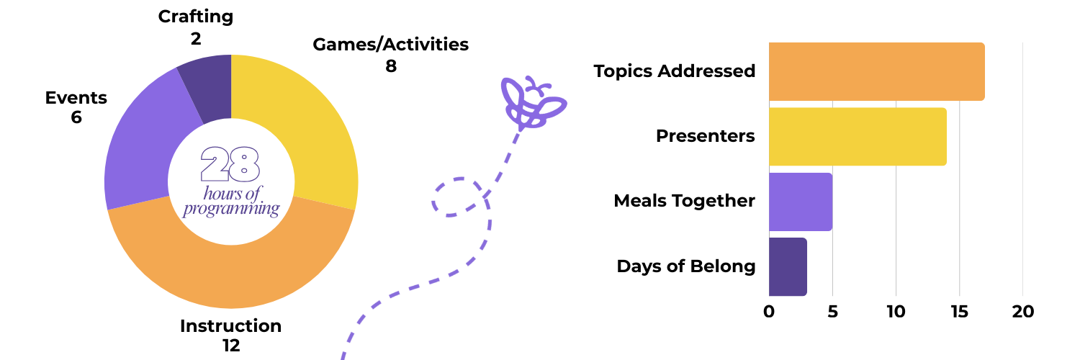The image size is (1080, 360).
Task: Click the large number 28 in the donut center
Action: (x=230, y=164)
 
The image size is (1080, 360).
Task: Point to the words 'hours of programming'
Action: (x=230, y=201)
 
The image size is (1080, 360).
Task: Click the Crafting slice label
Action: (x=196, y=16)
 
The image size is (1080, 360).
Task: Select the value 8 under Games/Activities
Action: (x=391, y=66)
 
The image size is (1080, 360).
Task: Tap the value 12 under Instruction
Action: (x=230, y=346)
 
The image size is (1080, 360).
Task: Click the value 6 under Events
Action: (x=76, y=117)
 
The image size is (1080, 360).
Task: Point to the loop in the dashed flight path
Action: (x=457, y=197)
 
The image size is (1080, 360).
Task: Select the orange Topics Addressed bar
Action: (x=876, y=71)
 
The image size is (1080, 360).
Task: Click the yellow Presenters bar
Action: (x=857, y=136)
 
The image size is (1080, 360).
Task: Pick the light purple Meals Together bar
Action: (x=800, y=202)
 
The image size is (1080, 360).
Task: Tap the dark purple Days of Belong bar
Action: (x=788, y=266)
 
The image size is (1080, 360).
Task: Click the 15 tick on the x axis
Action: (x=959, y=312)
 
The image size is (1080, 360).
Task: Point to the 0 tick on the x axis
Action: (x=769, y=312)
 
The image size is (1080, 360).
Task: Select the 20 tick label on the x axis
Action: (x=1022, y=312)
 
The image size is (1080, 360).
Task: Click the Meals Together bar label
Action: (x=684, y=201)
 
